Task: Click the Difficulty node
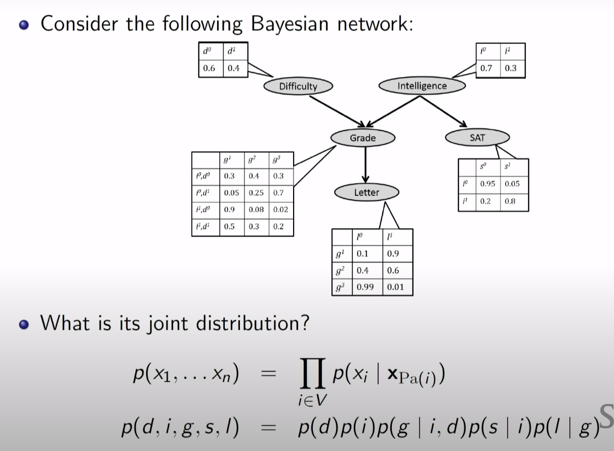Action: click(x=298, y=86)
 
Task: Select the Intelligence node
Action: click(x=422, y=86)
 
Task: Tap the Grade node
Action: click(x=362, y=138)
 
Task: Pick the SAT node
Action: click(x=477, y=137)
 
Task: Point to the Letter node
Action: click(x=366, y=192)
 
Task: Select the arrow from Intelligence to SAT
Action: click(x=443, y=111)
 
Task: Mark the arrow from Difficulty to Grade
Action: click(x=337, y=111)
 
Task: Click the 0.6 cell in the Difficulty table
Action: click(x=210, y=68)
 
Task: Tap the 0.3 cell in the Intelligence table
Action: click(x=511, y=68)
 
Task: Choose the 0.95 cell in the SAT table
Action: click(x=487, y=184)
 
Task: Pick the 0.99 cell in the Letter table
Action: click(x=365, y=287)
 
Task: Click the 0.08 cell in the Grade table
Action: click(x=256, y=209)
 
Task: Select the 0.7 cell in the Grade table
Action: click(x=278, y=193)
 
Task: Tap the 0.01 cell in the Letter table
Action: click(x=396, y=287)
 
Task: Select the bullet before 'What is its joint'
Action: click(x=23, y=324)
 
